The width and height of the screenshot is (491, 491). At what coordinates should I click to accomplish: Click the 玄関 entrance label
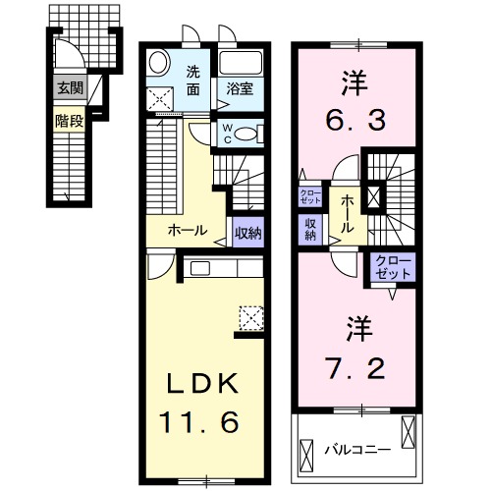coord(69,88)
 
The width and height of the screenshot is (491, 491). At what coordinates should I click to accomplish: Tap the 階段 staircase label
coord(69,122)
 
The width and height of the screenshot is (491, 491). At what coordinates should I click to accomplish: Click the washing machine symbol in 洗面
coord(159,98)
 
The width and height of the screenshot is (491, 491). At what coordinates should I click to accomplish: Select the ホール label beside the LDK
coord(188,231)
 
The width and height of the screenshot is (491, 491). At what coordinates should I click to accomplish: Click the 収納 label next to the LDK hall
coord(248,233)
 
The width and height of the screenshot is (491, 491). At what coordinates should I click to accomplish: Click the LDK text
coord(207,383)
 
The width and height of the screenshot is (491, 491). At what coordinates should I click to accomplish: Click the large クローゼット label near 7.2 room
coord(394,266)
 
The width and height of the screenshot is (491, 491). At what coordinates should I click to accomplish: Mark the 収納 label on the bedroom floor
coord(309,229)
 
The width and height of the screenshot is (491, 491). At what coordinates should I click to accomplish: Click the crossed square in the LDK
coord(251,316)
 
